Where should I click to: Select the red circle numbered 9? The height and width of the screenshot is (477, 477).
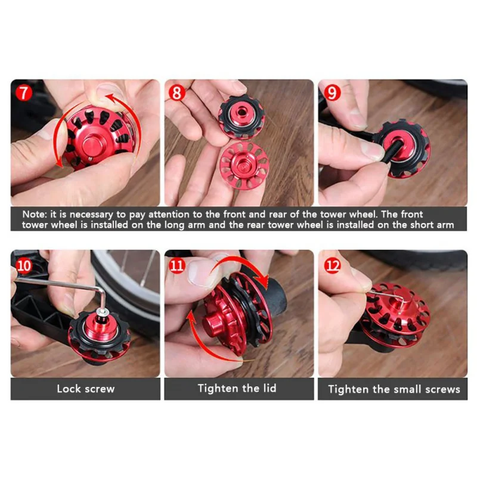tap(332, 94)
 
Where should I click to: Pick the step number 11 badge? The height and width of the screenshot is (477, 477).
tap(178, 265)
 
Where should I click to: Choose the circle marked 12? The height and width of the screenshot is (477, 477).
tap(332, 264)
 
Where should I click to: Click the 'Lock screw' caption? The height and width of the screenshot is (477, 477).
tap(85, 389)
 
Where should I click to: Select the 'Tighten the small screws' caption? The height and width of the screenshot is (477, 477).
tap(394, 389)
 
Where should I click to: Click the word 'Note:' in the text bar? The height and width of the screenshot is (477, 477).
tap(37, 213)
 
